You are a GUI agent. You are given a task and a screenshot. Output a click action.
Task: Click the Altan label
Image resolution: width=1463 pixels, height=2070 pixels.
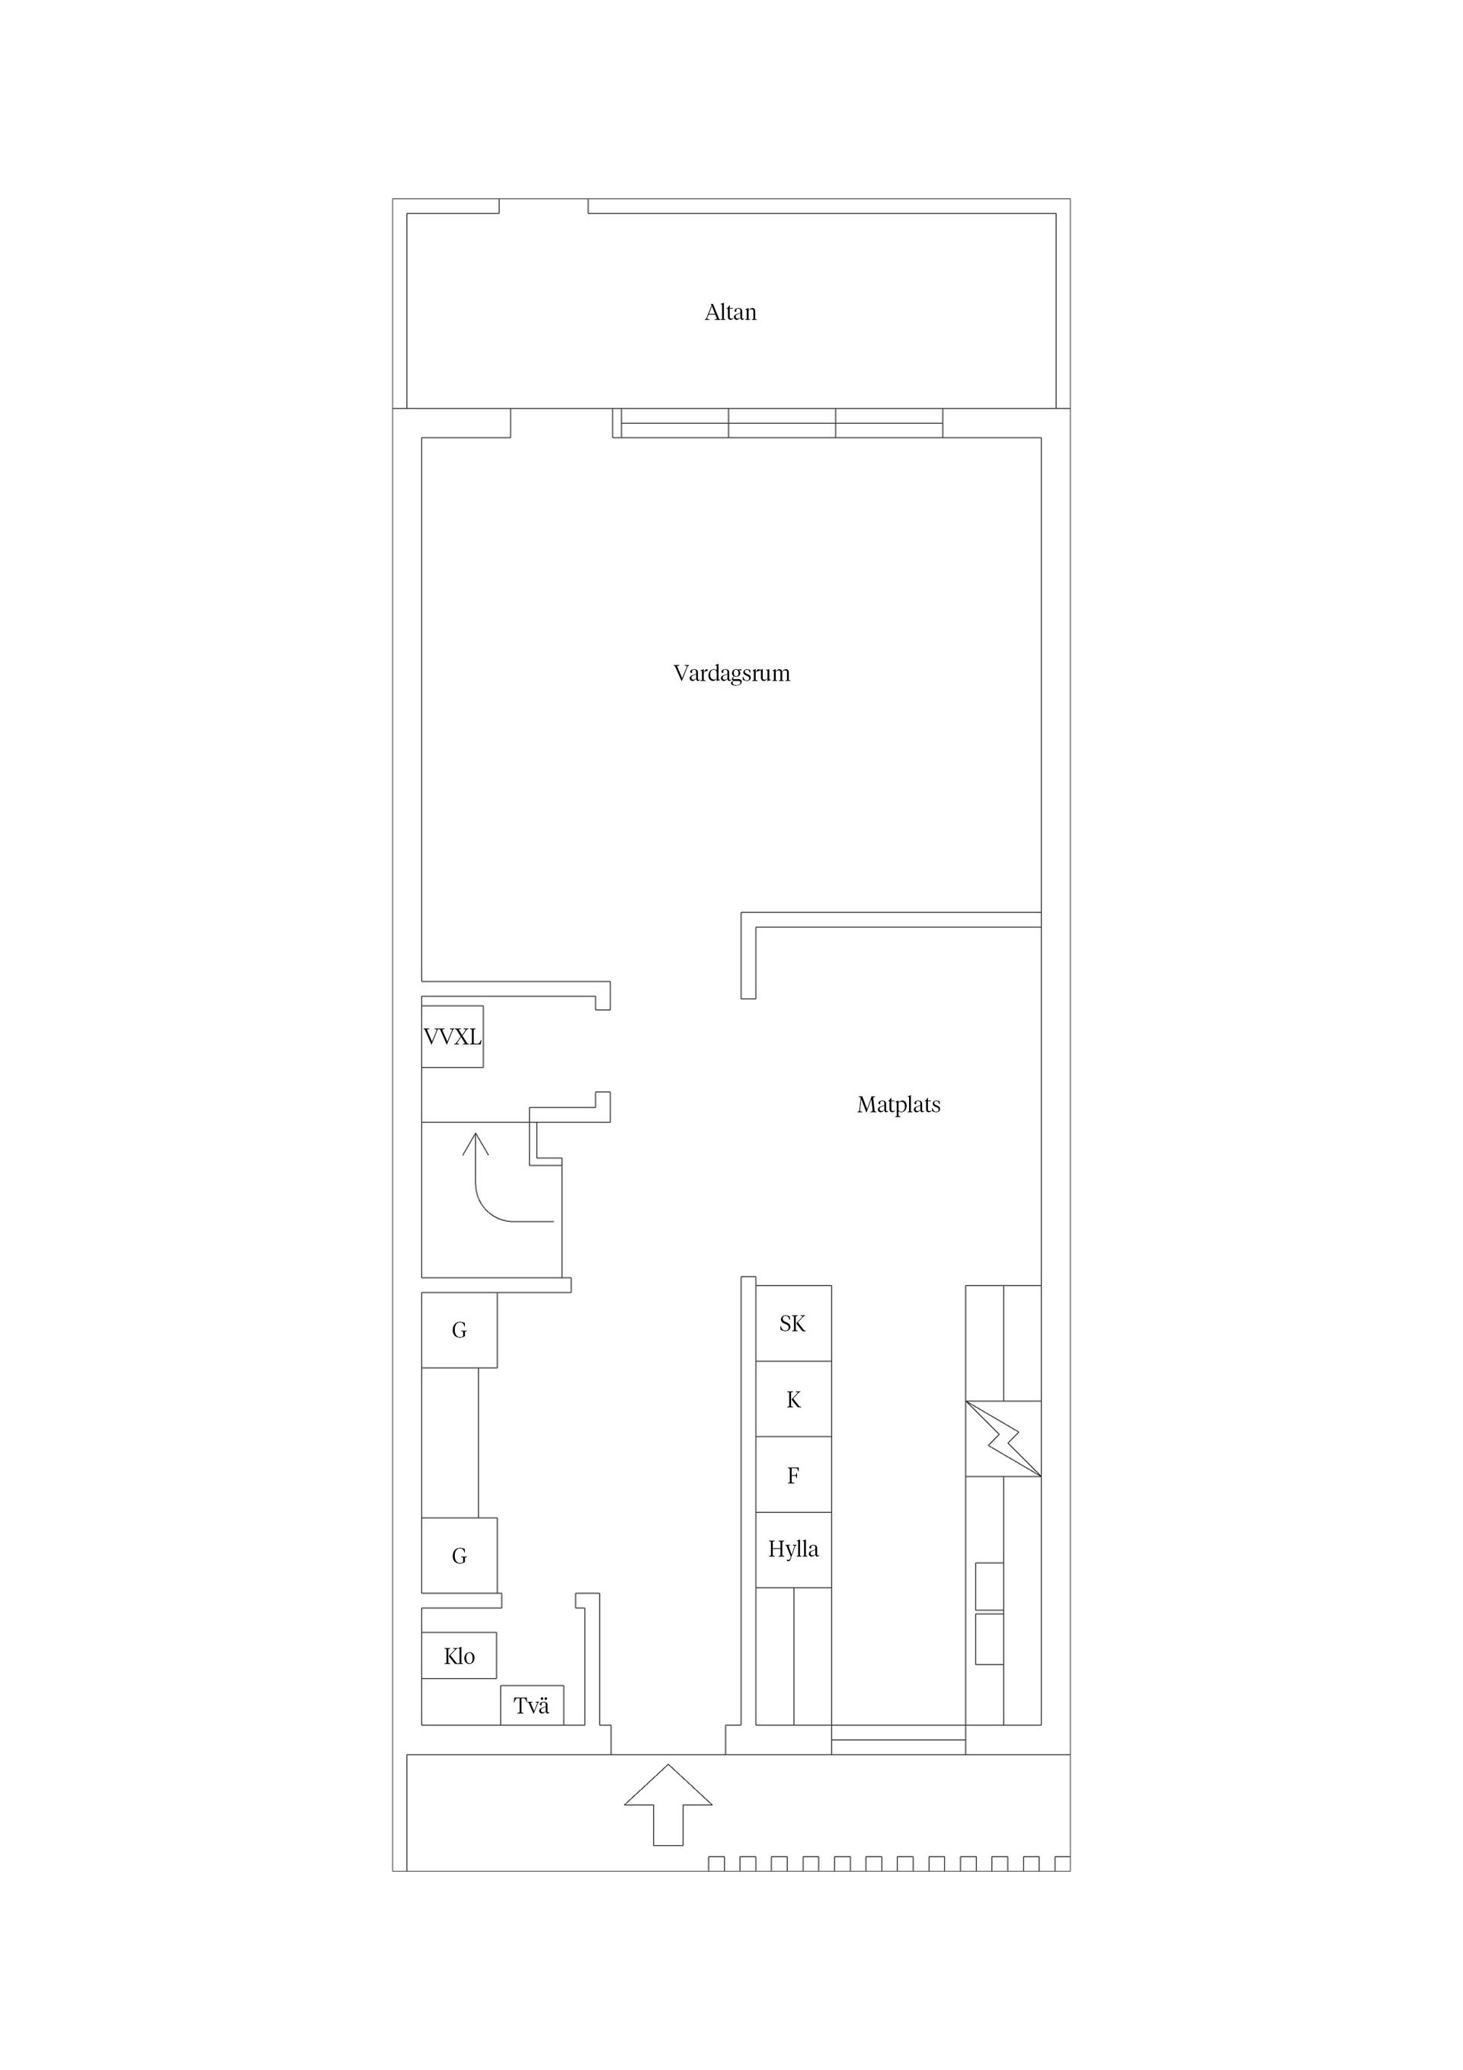730,312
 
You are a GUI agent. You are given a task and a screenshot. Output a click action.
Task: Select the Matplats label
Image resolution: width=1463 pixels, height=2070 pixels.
898,1104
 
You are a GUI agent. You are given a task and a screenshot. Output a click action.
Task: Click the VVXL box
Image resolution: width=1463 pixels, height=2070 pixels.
453,1037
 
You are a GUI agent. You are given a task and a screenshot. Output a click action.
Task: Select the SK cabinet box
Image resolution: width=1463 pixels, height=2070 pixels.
793,1324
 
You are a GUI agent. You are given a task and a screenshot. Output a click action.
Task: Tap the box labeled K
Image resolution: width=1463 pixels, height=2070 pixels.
793,1399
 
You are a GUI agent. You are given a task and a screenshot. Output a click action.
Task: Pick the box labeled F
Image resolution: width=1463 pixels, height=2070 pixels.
793,1475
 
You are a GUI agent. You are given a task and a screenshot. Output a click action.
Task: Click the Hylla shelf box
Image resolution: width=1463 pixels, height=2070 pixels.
793,1549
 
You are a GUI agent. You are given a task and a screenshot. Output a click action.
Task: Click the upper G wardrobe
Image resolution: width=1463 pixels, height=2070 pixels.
459,1330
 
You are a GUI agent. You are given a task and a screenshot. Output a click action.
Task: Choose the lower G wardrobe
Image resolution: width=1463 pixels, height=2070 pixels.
459,1556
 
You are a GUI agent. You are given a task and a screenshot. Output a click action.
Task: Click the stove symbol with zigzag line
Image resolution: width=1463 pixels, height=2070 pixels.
1004,1439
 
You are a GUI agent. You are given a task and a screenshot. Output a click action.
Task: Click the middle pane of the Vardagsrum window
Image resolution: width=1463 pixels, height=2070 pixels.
782,423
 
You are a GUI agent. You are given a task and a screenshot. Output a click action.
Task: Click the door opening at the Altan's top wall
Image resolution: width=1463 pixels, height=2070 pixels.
543,207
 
